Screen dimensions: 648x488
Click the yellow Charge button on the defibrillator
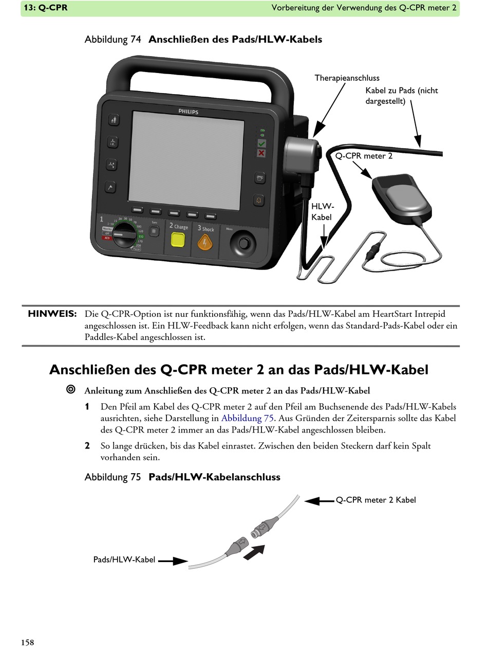click(x=178, y=241)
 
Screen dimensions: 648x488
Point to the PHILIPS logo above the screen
click(x=188, y=111)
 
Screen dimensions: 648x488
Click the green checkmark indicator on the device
click(x=261, y=143)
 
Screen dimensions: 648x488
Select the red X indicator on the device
click(x=261, y=153)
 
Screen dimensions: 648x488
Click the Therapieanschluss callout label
click(x=347, y=78)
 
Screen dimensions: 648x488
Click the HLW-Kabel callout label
click(x=322, y=211)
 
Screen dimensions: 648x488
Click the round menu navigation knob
click(x=243, y=241)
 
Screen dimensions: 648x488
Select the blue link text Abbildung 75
click(x=247, y=418)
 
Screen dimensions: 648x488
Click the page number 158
click(x=28, y=642)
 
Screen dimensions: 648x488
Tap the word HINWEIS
click(x=52, y=314)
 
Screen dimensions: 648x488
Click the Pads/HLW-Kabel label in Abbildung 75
click(x=124, y=560)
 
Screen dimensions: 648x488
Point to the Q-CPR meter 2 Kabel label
click(x=376, y=500)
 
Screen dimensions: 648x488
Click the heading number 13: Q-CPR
click(x=46, y=8)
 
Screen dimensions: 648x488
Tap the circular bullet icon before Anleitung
click(x=71, y=390)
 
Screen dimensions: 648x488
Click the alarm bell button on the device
click(x=260, y=200)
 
